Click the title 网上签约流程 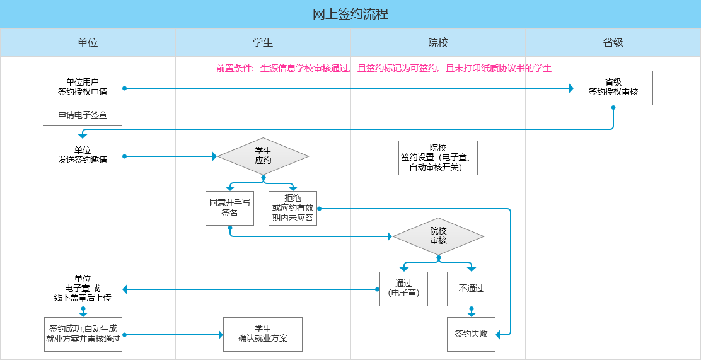(x=350, y=14)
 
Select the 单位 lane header (x=88, y=43)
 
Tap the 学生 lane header (x=263, y=43)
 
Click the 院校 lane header (x=438, y=43)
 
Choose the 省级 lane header (x=613, y=43)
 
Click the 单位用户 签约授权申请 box (x=83, y=88)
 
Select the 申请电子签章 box (x=83, y=115)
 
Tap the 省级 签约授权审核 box (x=613, y=88)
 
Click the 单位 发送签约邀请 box (x=83, y=156)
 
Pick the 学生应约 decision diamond (x=263, y=156)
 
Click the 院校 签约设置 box (x=438, y=158)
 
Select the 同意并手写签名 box (x=230, y=208)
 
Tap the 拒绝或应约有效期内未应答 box (x=293, y=208)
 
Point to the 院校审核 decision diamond (x=438, y=236)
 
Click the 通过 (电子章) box (x=403, y=289)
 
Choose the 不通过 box (x=471, y=289)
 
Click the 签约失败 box (x=471, y=334)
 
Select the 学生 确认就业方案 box (x=263, y=334)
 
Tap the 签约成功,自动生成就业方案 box (x=83, y=334)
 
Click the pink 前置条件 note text (x=383, y=68)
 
